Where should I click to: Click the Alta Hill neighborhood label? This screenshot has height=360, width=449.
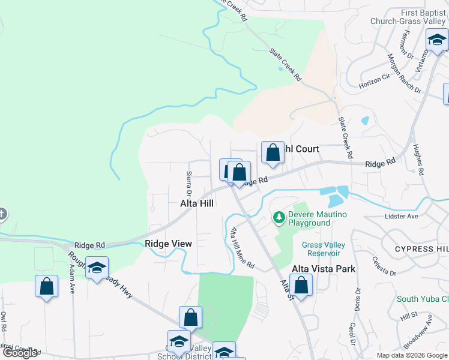[x=197, y=203]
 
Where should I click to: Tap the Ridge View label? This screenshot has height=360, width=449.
[x=168, y=244]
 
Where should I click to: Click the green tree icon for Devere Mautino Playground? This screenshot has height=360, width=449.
[x=279, y=217]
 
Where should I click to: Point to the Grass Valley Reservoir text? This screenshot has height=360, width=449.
[x=324, y=249]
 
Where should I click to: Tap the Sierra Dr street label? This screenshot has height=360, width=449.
[x=188, y=184]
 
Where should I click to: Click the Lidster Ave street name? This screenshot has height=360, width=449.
[x=402, y=215]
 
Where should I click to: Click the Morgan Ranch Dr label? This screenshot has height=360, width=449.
[x=404, y=73]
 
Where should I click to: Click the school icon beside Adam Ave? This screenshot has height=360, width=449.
[x=96, y=269]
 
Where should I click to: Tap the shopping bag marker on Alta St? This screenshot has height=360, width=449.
[x=301, y=285]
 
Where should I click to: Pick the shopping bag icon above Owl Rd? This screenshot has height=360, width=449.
[x=47, y=287]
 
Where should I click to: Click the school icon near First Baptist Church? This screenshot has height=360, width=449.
[x=437, y=40]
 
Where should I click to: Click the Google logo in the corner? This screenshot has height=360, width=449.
[x=20, y=353]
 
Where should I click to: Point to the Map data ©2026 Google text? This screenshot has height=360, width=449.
[x=411, y=355]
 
